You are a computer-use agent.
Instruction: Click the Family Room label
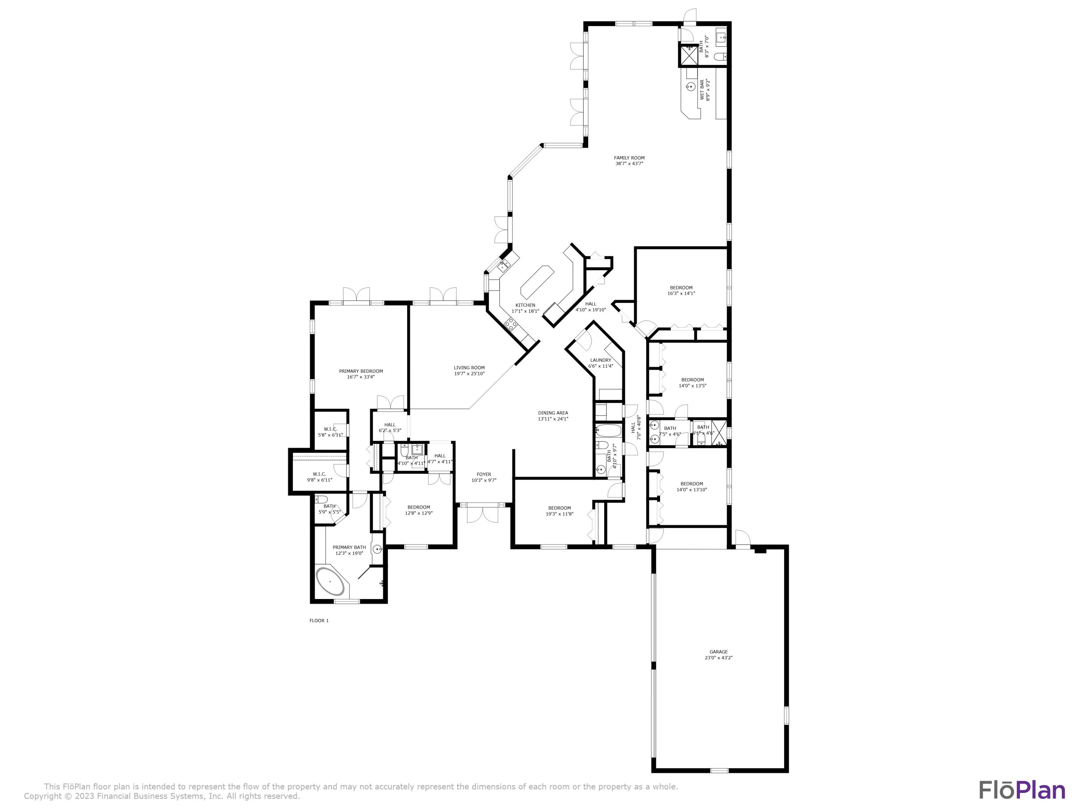[x=629, y=158]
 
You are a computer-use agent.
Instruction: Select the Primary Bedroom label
[x=361, y=371]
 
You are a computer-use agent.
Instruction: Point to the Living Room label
[x=469, y=368]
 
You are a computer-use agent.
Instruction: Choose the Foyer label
[x=484, y=474]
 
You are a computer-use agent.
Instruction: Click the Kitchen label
[x=525, y=305]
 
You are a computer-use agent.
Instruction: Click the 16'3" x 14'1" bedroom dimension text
[x=681, y=294]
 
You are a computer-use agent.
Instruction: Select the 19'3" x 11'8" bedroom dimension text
[x=559, y=514]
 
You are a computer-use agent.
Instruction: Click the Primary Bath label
[x=349, y=547]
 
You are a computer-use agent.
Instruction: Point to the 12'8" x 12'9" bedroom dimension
[x=419, y=513]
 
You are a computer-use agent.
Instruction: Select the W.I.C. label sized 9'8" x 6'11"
[x=320, y=474]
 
